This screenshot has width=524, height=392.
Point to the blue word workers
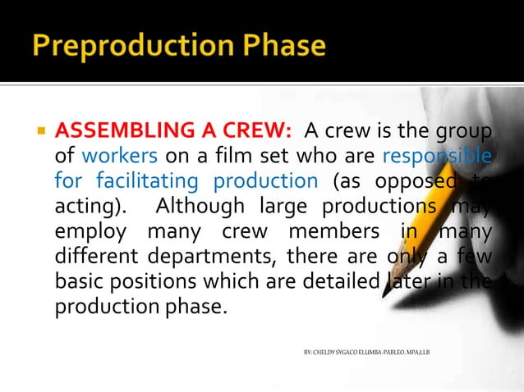[113, 156]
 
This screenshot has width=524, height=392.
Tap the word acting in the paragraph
[85, 203]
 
